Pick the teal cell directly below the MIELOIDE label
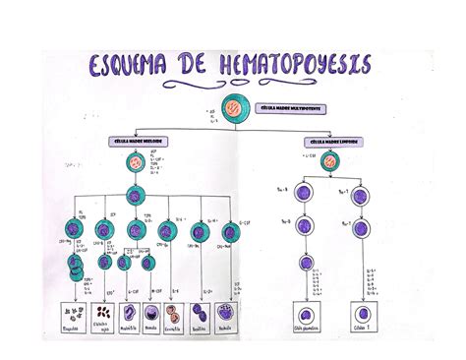click(134, 161)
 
